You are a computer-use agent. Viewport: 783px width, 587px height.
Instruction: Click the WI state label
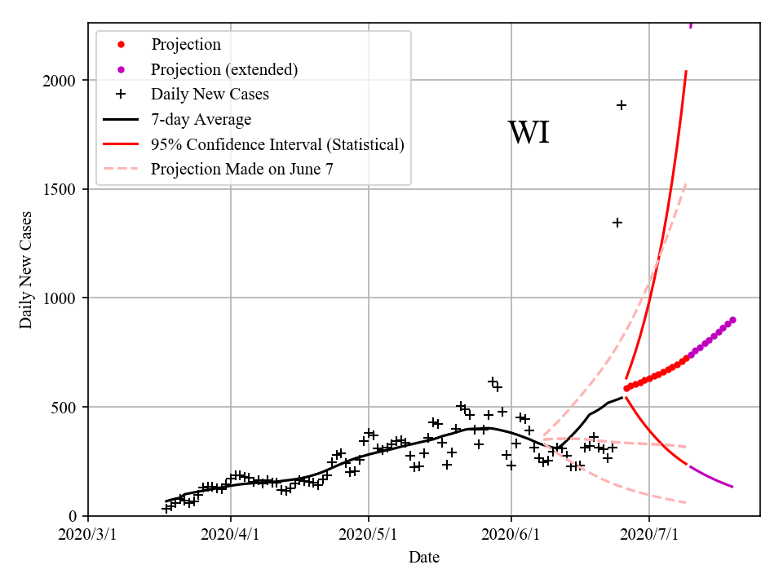tap(529, 133)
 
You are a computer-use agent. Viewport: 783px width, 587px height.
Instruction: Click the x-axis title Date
tap(424, 558)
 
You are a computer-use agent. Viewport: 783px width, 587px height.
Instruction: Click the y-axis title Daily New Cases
tap(26, 270)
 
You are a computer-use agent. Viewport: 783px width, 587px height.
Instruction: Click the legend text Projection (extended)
tap(224, 69)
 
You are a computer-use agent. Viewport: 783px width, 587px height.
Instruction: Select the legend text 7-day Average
tap(201, 120)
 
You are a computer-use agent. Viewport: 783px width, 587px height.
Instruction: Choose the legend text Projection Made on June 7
tap(242, 170)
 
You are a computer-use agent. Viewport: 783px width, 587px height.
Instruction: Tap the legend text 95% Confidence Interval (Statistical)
tap(277, 145)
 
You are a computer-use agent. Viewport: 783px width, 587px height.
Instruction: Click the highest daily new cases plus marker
tap(622, 105)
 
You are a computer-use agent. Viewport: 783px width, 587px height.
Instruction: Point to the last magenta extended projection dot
tap(732, 320)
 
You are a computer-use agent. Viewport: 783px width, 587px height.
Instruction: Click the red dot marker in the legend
tap(121, 44)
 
